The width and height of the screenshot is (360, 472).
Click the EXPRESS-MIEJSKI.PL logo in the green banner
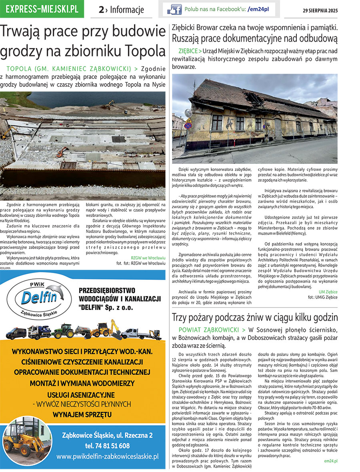click(42, 9)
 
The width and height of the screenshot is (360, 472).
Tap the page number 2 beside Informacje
click(102, 10)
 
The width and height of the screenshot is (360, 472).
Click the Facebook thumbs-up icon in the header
click(174, 9)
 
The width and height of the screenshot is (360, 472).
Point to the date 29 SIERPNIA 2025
click(320, 10)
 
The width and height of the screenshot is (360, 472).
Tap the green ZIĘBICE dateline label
click(188, 52)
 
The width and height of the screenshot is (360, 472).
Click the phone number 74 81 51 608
click(107, 446)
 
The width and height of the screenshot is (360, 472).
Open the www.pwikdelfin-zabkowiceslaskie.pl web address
click(107, 456)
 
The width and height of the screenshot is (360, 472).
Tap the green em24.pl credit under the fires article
click(330, 461)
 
